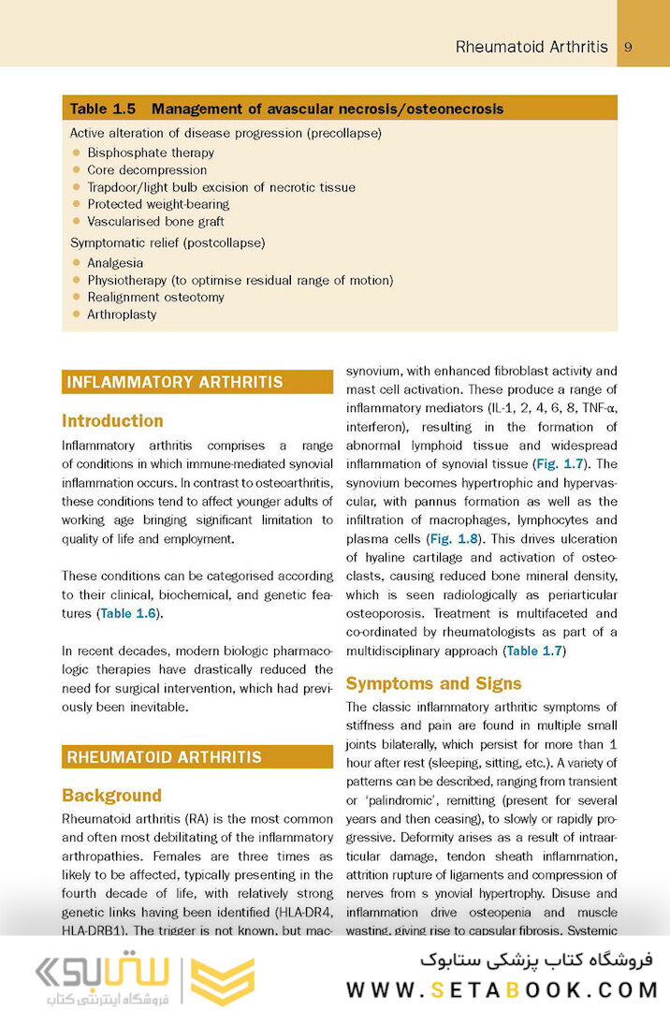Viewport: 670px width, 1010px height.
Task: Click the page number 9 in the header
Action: click(628, 47)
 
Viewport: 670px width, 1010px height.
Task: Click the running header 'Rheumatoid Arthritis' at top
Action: click(531, 47)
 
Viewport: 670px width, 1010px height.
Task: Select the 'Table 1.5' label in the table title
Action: click(103, 110)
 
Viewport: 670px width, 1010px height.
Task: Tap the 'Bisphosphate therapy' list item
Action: click(151, 153)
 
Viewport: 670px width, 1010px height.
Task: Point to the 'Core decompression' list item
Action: click(147, 170)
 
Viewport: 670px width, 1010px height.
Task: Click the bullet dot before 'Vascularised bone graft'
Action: click(76, 222)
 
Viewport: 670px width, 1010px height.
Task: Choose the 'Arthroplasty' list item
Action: click(122, 315)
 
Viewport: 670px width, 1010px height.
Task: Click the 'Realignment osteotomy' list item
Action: click(155, 298)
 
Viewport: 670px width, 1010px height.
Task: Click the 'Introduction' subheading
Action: click(112, 421)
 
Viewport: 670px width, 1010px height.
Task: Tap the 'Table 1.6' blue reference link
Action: click(129, 613)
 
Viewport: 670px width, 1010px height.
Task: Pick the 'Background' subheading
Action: click(111, 796)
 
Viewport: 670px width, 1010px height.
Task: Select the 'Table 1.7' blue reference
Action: click(533, 651)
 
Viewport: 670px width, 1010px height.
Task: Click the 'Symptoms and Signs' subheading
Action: click(433, 683)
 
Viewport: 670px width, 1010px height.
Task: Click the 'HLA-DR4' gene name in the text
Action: click(304, 913)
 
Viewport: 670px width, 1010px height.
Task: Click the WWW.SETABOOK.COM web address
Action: click(502, 988)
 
